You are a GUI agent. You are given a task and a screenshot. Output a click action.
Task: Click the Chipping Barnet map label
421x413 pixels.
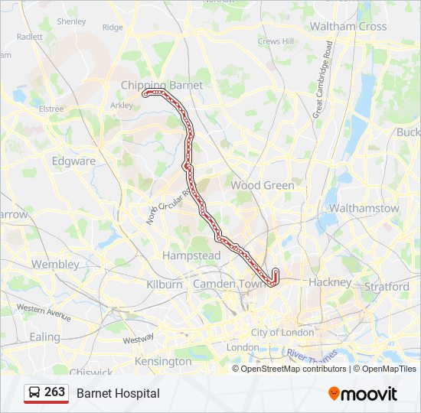pos(162,86)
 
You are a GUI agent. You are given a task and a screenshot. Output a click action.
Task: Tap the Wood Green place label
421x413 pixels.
pos(263,185)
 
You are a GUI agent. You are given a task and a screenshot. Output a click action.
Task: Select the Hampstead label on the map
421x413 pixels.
pos(191,255)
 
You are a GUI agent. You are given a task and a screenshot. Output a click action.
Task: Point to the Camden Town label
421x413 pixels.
pos(227,284)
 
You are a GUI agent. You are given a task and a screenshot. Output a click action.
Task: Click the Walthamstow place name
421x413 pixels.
pos(364,208)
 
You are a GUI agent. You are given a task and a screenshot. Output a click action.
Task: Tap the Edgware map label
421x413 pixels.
pos(73,161)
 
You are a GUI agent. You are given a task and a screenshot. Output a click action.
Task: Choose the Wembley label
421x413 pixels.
pos(55,264)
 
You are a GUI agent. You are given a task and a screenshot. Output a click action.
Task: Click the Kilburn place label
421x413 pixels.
pos(165,284)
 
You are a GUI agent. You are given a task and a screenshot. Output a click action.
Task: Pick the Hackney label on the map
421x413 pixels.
pos(329,282)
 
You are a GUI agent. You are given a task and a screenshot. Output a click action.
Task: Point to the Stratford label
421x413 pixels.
pos(387,287)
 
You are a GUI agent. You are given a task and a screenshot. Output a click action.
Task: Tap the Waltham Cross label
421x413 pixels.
pos(348,26)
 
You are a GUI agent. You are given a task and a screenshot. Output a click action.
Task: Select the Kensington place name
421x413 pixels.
pos(163,361)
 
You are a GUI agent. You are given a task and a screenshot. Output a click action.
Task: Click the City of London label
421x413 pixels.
pos(282,333)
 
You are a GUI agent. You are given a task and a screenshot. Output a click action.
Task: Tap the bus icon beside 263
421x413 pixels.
pos(34,393)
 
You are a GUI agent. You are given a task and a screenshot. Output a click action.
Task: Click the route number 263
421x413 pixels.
pos(55,392)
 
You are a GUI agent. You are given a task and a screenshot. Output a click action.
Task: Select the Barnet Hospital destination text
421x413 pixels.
pos(118,393)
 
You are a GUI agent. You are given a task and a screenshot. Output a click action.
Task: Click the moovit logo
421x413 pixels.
pos(363,393)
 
